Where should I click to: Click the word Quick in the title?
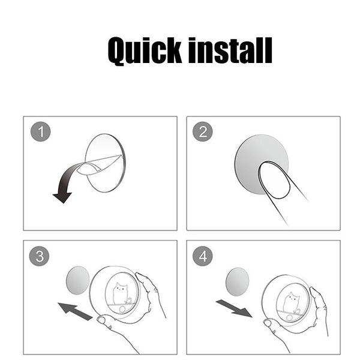144,51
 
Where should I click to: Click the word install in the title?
230,50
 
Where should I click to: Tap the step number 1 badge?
41,131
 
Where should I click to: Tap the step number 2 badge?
203,131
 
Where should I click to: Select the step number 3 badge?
39,256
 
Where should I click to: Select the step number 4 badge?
203,256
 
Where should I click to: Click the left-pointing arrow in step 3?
75,311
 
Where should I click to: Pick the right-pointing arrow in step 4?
234,308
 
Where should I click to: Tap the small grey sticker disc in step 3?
77,280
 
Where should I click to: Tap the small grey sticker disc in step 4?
238,282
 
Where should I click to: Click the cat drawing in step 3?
121,294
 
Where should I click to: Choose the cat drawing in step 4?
291,302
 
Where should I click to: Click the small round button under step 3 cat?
122,309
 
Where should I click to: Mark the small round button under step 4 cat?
290,318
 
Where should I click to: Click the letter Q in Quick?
117,52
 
